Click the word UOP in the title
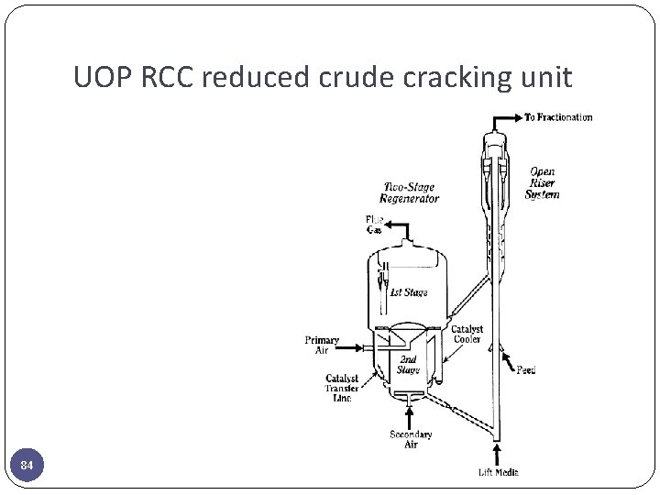point(104,79)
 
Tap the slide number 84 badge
point(27,467)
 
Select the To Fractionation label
point(558,117)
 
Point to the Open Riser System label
point(542,183)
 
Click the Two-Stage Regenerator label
point(411,192)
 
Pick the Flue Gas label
point(375,225)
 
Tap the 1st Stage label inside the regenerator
point(408,293)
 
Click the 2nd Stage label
point(408,365)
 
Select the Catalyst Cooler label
point(467,335)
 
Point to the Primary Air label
point(322,345)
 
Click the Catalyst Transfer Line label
point(341,388)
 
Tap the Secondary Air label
point(411,439)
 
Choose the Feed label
point(525,370)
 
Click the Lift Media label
point(498,472)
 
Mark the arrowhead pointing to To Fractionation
point(518,117)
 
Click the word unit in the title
point(545,79)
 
